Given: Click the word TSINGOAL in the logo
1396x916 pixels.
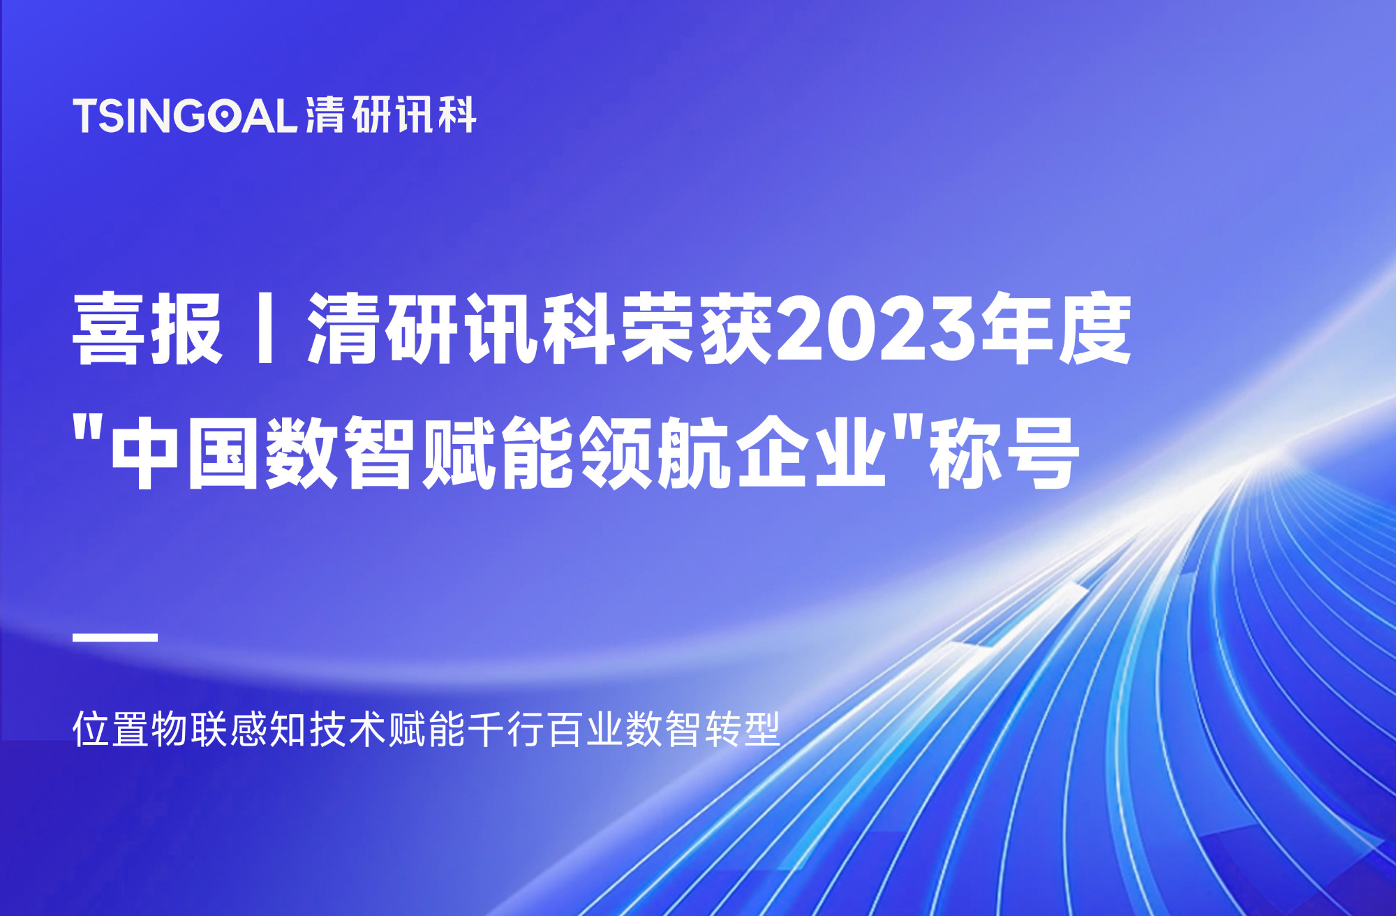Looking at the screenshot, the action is (x=186, y=116).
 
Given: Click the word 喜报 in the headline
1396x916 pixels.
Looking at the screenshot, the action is (x=147, y=328).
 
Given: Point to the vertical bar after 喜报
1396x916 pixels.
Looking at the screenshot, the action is (x=265, y=328).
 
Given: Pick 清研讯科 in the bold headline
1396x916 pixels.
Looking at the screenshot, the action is (x=461, y=328).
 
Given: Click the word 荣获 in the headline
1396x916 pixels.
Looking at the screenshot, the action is (x=697, y=328).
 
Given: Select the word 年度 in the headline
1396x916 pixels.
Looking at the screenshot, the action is (x=1057, y=328).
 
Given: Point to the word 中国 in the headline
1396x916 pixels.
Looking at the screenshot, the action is (x=185, y=453).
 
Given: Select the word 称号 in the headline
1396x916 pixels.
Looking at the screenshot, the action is (x=1002, y=453).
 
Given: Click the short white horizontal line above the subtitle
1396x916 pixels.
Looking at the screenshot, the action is (x=115, y=637).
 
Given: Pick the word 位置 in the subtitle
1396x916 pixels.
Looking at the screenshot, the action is (x=111, y=730).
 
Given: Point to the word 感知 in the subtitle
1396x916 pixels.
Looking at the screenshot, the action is (x=269, y=730).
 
